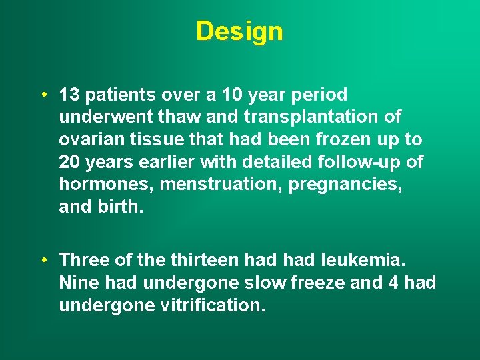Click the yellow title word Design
click(239, 31)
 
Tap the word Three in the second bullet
click(82, 260)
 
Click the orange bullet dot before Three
click(43, 260)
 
